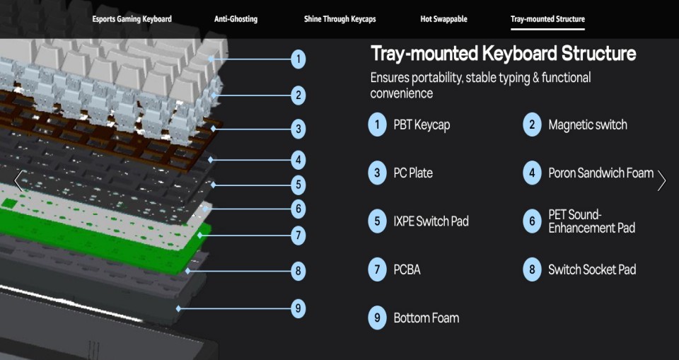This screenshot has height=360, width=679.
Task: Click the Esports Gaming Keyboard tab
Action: coord(132,19)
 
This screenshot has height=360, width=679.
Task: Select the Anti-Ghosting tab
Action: coord(236,19)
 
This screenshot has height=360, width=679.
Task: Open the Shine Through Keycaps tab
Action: coord(339,19)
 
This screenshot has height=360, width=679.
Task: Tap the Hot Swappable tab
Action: coord(443,19)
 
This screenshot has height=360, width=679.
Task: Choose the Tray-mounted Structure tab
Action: coord(547,19)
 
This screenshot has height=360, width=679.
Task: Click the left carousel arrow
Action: coord(18,180)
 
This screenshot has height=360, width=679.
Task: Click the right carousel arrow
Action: coord(662,180)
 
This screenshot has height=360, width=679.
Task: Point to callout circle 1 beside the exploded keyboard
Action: coord(298,59)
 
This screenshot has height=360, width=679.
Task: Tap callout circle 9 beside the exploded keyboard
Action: coord(298,309)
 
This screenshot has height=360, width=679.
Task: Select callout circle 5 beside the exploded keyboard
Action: coord(298,185)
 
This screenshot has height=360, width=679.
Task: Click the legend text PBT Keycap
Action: coord(422,125)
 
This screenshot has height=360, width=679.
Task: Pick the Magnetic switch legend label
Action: coord(588,124)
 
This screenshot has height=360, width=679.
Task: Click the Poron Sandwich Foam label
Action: coord(600,173)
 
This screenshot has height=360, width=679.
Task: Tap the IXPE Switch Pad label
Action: coord(431,221)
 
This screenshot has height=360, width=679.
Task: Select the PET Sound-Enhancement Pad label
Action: coord(591,221)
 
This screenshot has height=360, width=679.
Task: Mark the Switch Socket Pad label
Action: coord(592,269)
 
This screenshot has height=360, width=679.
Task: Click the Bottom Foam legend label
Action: coord(426,318)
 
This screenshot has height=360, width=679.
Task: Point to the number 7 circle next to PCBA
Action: coord(377,270)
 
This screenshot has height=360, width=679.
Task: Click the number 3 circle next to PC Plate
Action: coord(377,173)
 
